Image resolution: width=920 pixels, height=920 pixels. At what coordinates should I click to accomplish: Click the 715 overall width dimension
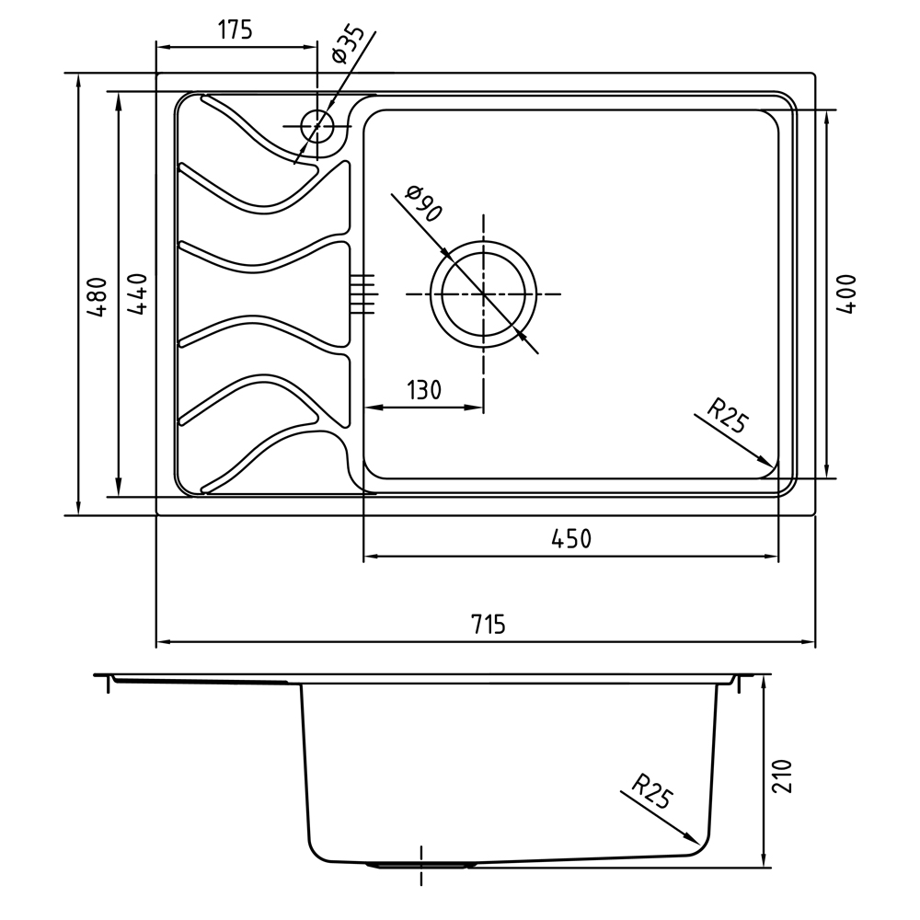(489, 624)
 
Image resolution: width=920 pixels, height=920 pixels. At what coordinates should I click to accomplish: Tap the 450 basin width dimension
(571, 538)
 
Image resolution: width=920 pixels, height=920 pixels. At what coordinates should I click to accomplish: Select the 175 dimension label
(236, 29)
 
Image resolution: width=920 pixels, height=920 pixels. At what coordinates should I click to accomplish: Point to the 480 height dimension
(98, 297)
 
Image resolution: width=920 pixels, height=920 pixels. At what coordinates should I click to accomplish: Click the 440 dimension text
(137, 294)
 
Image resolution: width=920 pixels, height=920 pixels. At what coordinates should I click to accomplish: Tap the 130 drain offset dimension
(423, 389)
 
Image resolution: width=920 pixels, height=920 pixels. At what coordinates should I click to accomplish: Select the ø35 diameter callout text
(348, 44)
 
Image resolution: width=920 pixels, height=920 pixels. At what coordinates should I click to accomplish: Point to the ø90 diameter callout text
(423, 203)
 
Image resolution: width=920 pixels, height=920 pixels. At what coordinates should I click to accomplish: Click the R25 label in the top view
(728, 415)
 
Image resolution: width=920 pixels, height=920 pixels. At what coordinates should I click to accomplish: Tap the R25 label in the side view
(652, 790)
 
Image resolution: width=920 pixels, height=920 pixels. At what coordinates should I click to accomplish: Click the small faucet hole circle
(317, 126)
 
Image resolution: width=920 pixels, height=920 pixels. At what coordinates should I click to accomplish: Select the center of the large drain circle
(484, 293)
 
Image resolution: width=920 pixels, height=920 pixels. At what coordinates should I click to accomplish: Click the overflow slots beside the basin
(362, 294)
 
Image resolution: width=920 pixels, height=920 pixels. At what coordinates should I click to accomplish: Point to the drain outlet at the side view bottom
(421, 865)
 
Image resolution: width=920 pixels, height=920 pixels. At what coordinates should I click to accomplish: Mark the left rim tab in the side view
(108, 684)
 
